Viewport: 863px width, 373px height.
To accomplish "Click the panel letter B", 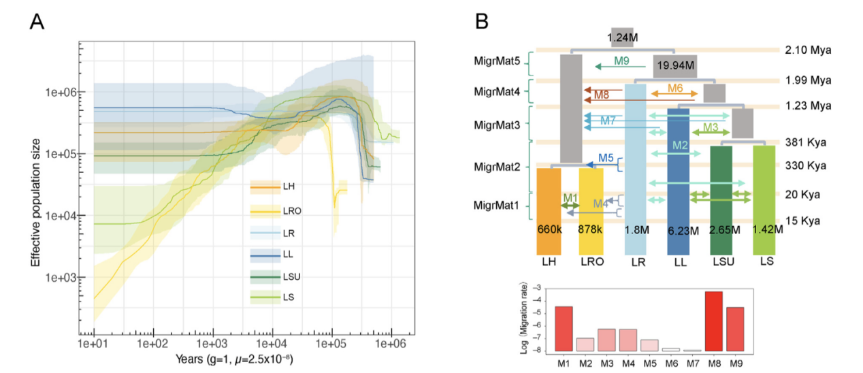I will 481,22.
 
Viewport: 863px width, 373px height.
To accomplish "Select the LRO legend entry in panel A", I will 291,211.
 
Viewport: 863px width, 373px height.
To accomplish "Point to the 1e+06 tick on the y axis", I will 61,92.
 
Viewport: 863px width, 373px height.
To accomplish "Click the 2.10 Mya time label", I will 809,50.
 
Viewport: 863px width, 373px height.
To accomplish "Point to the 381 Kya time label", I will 807,142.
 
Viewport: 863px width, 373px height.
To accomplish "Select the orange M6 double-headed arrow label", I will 674,88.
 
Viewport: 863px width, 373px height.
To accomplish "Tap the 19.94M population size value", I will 675,66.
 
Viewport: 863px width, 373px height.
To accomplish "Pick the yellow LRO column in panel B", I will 591,211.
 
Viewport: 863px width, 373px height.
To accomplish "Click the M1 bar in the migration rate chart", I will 564,329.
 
